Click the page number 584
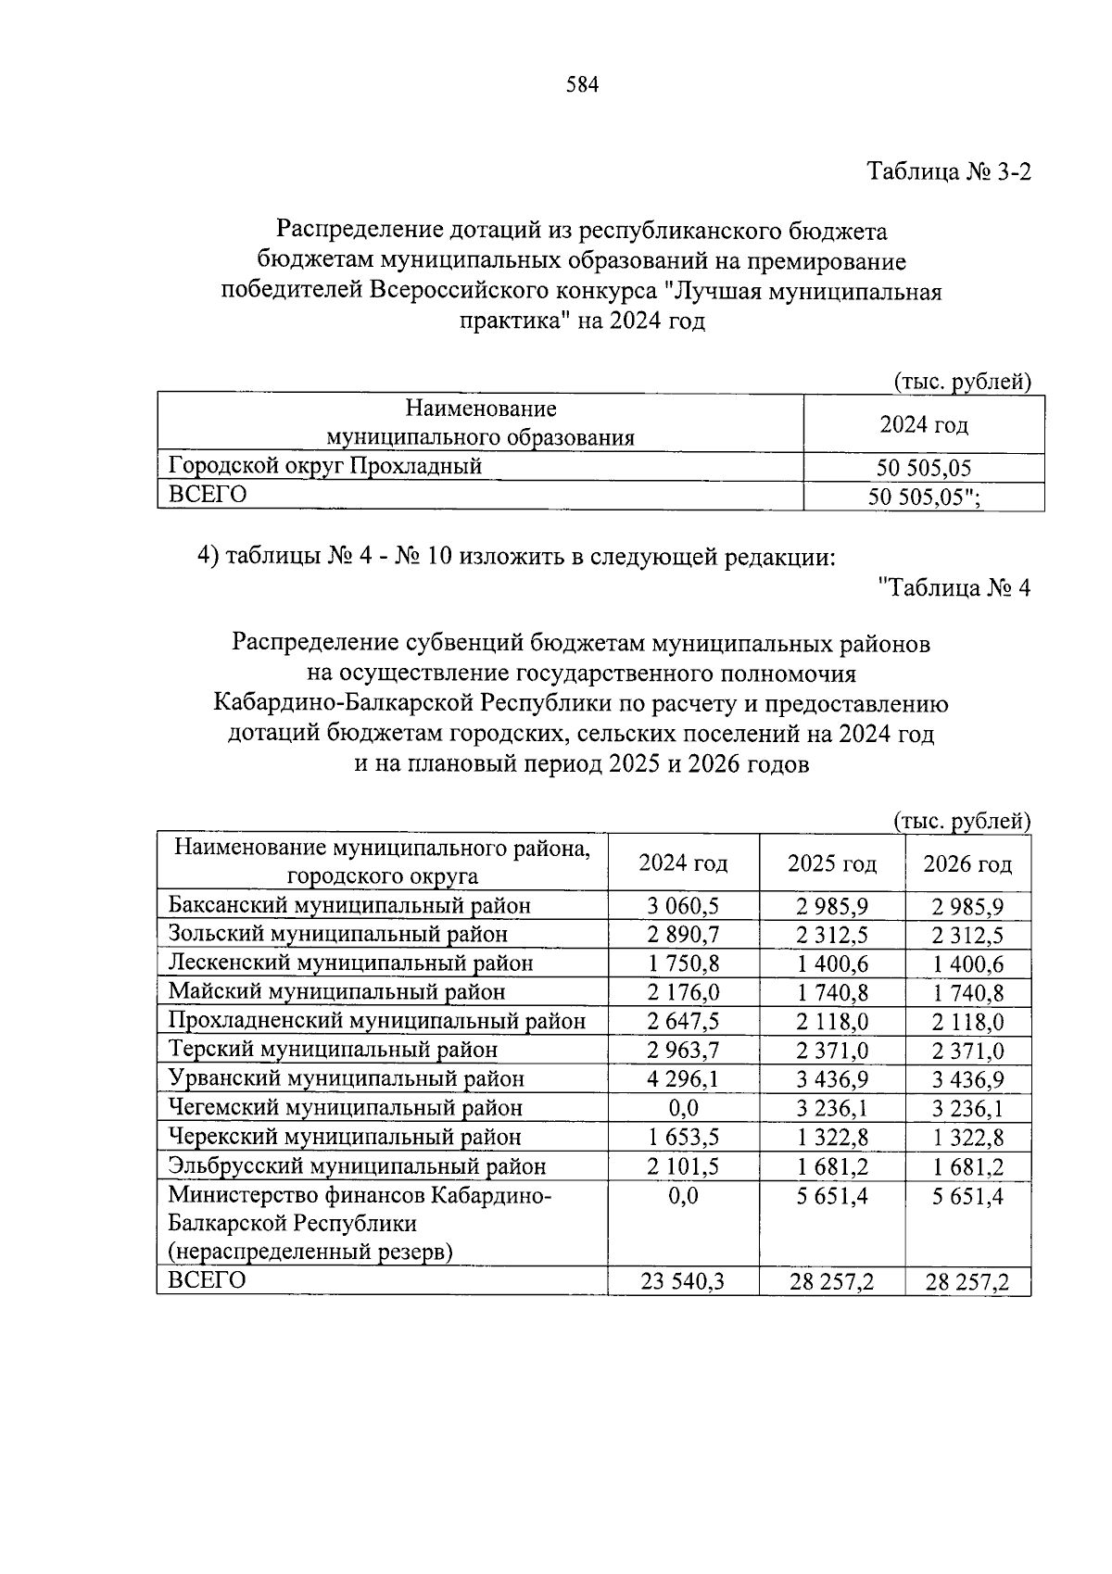[583, 85]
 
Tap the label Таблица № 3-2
[948, 172]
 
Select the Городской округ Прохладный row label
[324, 466]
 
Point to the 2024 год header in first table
[923, 424]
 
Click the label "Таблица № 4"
[954, 587]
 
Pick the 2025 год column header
[831, 863]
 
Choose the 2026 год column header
[967, 863]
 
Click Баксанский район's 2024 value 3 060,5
[683, 906]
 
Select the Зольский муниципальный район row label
[338, 934]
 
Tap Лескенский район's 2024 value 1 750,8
[683, 963]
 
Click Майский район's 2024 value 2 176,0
[683, 992]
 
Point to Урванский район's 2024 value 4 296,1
[683, 1079]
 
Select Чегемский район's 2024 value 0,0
[683, 1108]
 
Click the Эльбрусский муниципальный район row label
[357, 1166]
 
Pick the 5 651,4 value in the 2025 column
[831, 1196]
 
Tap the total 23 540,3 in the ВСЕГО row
[683, 1282]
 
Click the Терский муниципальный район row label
[333, 1050]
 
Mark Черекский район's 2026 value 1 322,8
[967, 1138]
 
